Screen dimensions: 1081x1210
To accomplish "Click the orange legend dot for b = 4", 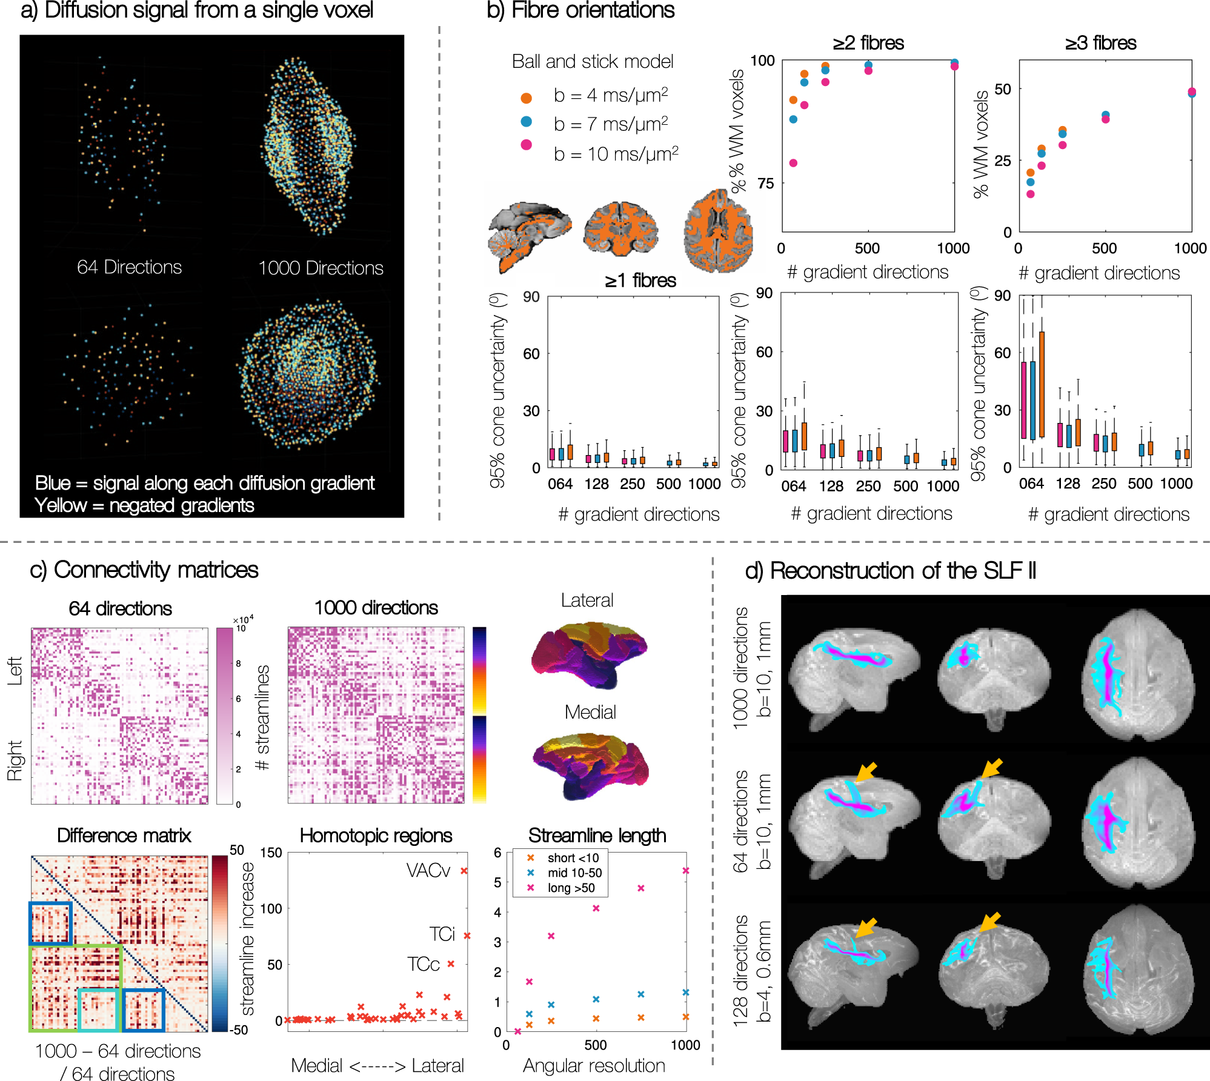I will click(x=526, y=98).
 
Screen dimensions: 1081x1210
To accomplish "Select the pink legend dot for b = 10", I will click(x=526, y=144).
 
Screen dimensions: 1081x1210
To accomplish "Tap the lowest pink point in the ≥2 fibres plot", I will click(x=793, y=163).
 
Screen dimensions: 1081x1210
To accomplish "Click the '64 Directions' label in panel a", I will click(x=129, y=267).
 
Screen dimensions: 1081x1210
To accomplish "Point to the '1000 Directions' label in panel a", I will click(x=321, y=268).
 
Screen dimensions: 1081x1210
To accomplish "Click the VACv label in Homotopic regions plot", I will click(x=428, y=871).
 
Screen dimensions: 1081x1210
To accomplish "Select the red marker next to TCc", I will click(x=451, y=963).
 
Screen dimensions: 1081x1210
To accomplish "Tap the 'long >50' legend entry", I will click(x=570, y=888).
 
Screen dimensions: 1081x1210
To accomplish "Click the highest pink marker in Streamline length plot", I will click(x=686, y=871).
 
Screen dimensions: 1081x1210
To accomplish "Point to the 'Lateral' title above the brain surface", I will click(x=587, y=600).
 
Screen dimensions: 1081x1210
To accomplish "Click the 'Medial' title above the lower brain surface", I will click(x=590, y=712).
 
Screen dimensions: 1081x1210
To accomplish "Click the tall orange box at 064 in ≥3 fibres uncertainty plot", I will click(x=1042, y=384).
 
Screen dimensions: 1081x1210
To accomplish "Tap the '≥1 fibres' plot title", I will click(x=640, y=281).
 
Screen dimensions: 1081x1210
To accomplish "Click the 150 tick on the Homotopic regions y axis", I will click(x=271, y=853).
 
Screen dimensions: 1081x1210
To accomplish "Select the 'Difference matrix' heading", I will click(x=124, y=836).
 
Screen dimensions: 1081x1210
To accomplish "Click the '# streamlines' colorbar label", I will click(x=262, y=717).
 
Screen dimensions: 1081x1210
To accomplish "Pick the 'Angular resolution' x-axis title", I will click(x=594, y=1065).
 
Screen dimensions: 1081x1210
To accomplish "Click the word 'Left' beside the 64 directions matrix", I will click(x=15, y=671).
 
